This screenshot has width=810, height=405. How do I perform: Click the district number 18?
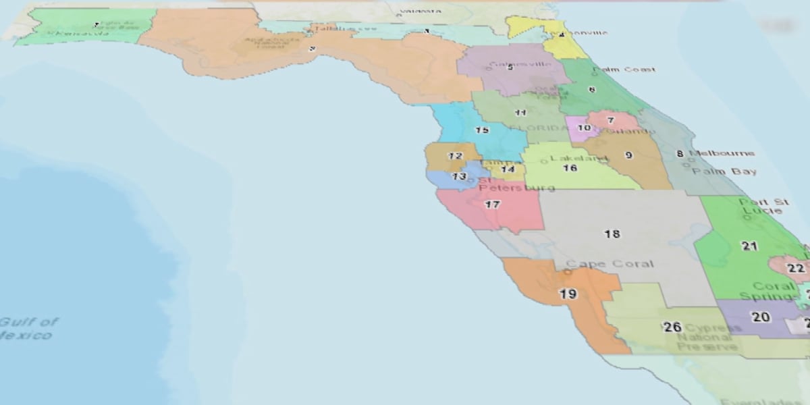click(x=612, y=234)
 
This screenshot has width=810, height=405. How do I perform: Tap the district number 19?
click(x=568, y=294)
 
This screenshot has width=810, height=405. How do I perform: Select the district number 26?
click(x=672, y=327)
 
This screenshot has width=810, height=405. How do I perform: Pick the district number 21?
click(x=749, y=246)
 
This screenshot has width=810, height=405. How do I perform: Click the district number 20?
click(x=761, y=317)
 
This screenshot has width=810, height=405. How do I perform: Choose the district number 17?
click(x=493, y=204)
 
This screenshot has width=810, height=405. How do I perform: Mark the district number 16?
click(x=570, y=168)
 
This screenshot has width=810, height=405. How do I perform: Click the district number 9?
click(x=628, y=155)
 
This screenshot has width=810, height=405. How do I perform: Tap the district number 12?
click(x=456, y=156)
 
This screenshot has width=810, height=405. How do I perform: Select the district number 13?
click(x=459, y=176)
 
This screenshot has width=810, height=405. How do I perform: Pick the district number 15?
click(x=482, y=130)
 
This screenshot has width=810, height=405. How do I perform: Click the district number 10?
click(x=584, y=128)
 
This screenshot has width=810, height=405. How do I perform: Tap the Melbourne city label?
click(x=722, y=153)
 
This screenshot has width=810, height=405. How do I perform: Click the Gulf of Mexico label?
click(x=27, y=328)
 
